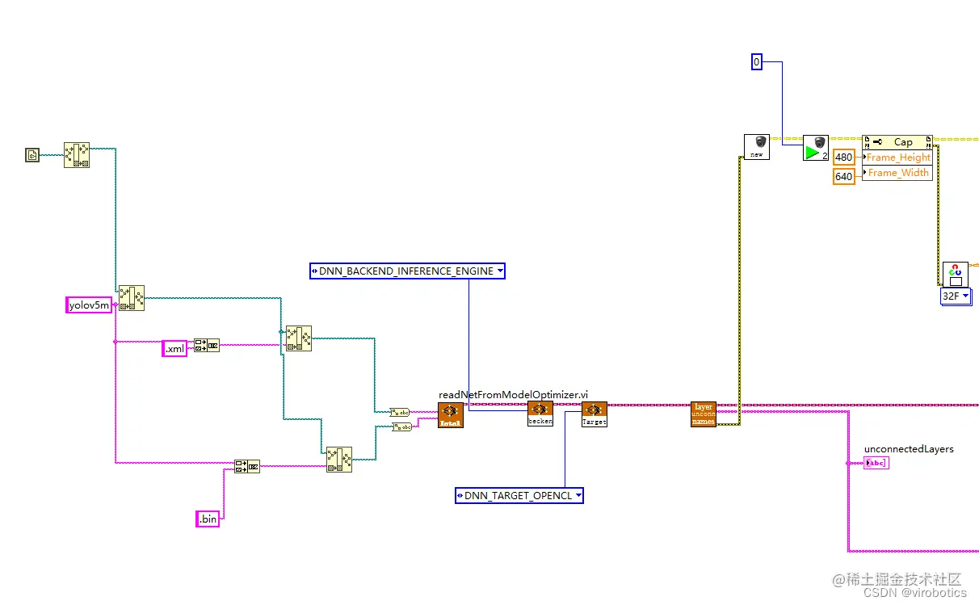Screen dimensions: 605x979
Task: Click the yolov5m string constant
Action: click(88, 305)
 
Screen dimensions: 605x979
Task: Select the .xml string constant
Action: click(174, 348)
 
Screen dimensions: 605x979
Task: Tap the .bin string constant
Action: click(208, 519)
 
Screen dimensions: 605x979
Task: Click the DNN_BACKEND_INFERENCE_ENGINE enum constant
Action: click(407, 271)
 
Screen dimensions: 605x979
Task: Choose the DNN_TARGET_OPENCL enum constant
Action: click(519, 495)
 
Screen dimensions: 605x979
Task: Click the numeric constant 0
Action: click(756, 61)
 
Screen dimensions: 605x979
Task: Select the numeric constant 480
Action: click(843, 158)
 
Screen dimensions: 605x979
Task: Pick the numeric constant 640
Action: click(843, 175)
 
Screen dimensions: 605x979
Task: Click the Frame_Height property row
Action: click(898, 158)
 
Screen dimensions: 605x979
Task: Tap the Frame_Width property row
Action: click(898, 173)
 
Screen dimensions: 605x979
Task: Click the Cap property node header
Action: click(898, 142)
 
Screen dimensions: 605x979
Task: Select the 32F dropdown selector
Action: click(956, 296)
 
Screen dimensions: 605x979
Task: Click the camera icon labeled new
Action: click(757, 147)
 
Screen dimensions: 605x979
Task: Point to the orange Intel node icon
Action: click(451, 415)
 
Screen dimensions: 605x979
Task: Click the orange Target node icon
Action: click(594, 414)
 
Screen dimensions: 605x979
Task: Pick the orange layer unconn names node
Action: click(703, 414)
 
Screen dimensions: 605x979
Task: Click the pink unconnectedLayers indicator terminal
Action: click(876, 463)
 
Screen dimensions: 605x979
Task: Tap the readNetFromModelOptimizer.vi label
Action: click(513, 394)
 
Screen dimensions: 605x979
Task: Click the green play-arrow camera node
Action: click(816, 148)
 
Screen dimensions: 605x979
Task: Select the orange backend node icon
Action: click(540, 414)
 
